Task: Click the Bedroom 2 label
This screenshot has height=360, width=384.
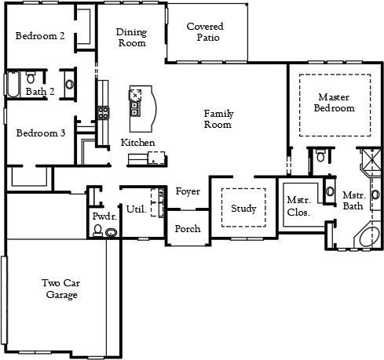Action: pyautogui.click(x=41, y=35)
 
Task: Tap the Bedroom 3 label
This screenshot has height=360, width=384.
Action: pyautogui.click(x=41, y=133)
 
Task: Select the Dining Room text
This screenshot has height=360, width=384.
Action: pyautogui.click(x=131, y=38)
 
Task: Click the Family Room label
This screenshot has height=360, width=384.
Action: pyautogui.click(x=218, y=119)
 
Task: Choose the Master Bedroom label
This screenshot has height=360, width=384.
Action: pyautogui.click(x=334, y=102)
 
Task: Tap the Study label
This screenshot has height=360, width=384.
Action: pyautogui.click(x=243, y=209)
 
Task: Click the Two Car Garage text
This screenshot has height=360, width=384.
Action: pyautogui.click(x=60, y=289)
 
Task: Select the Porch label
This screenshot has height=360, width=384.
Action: pyautogui.click(x=187, y=229)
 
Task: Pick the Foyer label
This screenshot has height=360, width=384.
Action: pyautogui.click(x=187, y=191)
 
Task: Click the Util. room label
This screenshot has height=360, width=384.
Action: pyautogui.click(x=135, y=209)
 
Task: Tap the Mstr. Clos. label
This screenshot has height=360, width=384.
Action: pyautogui.click(x=298, y=205)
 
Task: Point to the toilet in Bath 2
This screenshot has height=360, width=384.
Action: pyautogui.click(x=31, y=78)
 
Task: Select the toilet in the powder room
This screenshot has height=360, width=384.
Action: pyautogui.click(x=97, y=230)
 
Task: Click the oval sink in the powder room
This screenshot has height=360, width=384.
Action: pyautogui.click(x=112, y=233)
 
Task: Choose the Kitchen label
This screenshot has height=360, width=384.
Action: pyautogui.click(x=137, y=143)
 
